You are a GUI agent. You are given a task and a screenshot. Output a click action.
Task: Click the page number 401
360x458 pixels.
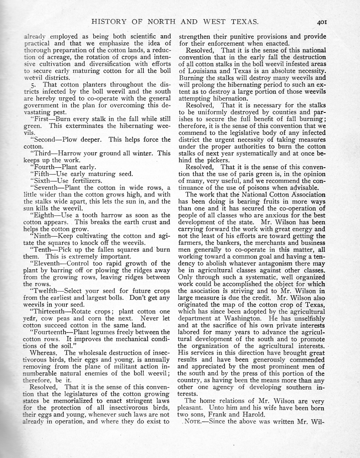[322, 22]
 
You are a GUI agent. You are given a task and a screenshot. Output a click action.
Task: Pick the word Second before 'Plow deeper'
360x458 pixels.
[44, 140]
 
